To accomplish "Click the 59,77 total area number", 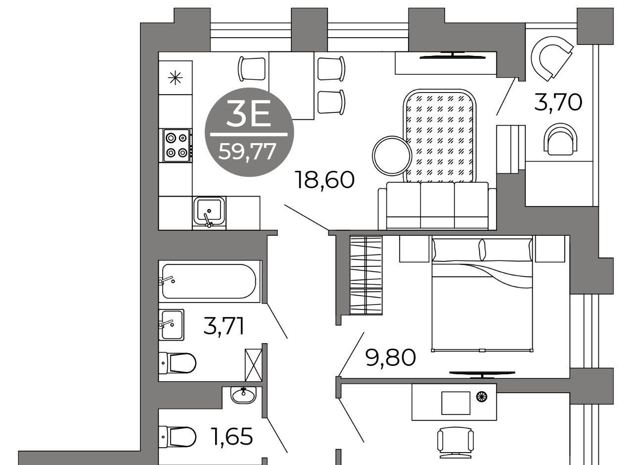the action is [x=247, y=152].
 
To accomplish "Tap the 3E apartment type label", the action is [x=248, y=113].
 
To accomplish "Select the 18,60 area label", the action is [x=324, y=180].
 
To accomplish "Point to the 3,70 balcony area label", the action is [x=558, y=103].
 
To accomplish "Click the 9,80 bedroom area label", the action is [x=390, y=357].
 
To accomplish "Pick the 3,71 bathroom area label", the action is [x=224, y=326].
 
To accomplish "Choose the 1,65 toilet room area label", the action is [x=232, y=436].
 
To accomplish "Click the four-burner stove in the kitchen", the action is [x=177, y=146].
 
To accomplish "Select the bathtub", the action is [x=209, y=281].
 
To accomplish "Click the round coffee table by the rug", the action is [x=392, y=155].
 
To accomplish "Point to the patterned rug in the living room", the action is [x=440, y=136].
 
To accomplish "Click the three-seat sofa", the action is [x=437, y=206].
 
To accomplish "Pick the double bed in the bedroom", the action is [x=482, y=294].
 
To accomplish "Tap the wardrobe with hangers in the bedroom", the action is [x=366, y=275].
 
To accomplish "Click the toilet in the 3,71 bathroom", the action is [x=178, y=363].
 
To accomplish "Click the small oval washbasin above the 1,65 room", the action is [x=243, y=395].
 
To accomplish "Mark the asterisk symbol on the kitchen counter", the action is [x=175, y=78].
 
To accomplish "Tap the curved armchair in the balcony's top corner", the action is [x=551, y=58].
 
